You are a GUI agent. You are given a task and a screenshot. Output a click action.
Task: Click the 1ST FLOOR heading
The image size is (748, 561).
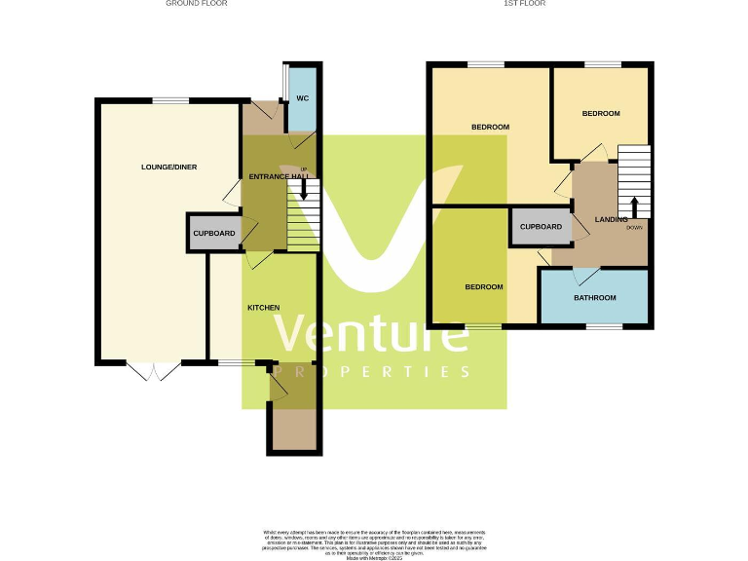pos(524,4)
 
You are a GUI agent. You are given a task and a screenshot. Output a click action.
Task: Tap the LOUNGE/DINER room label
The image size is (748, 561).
pos(168,168)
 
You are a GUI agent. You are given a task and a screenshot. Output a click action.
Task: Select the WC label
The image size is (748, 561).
pos(303,98)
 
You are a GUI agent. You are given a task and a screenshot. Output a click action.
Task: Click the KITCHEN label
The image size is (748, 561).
pos(263,308)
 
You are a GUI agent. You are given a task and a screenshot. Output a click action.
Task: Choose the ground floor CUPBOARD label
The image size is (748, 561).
pos(214,235)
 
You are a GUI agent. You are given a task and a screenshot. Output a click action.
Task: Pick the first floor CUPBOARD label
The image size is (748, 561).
pos(541,227)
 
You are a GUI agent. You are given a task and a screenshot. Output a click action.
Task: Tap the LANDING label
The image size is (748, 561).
pos(611,220)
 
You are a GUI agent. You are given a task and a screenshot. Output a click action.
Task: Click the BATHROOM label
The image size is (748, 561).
pos(594,298)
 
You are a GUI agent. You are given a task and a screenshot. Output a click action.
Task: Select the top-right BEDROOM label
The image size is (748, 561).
pos(601,114)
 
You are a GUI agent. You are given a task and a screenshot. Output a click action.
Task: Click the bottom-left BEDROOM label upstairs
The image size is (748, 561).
pos(483,287)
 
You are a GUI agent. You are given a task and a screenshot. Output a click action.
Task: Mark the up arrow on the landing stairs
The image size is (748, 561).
pos(634,206)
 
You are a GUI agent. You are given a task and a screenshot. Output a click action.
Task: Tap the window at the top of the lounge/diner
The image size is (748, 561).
pos(170,100)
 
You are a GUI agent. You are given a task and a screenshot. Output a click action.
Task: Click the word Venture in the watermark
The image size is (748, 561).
pos(370,334)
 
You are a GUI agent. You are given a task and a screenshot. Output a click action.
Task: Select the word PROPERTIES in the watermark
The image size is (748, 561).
pos(373,372)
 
